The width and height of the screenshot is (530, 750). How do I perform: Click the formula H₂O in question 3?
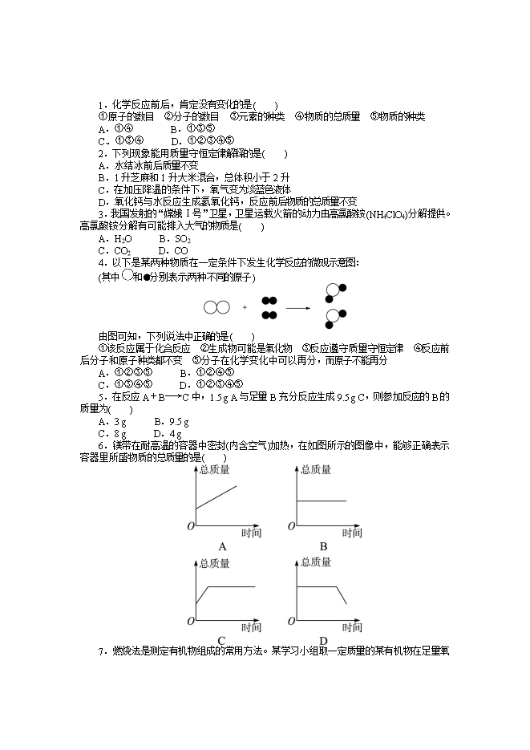click(x=123, y=238)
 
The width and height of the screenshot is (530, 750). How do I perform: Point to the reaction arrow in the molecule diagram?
click(x=298, y=307)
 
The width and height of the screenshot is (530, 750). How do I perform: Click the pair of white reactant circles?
click(x=216, y=307)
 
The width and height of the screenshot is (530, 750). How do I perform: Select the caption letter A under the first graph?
click(x=223, y=546)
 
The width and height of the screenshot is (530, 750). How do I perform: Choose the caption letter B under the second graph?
click(x=324, y=546)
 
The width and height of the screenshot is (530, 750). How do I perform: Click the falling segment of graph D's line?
click(x=340, y=595)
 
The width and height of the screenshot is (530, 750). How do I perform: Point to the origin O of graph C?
click(x=191, y=621)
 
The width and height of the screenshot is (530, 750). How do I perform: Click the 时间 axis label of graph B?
click(x=353, y=533)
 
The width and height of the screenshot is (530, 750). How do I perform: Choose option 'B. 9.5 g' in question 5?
click(x=171, y=421)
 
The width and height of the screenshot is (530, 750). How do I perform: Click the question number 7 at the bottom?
click(x=101, y=651)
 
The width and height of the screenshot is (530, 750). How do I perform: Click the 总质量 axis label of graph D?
click(x=316, y=563)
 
